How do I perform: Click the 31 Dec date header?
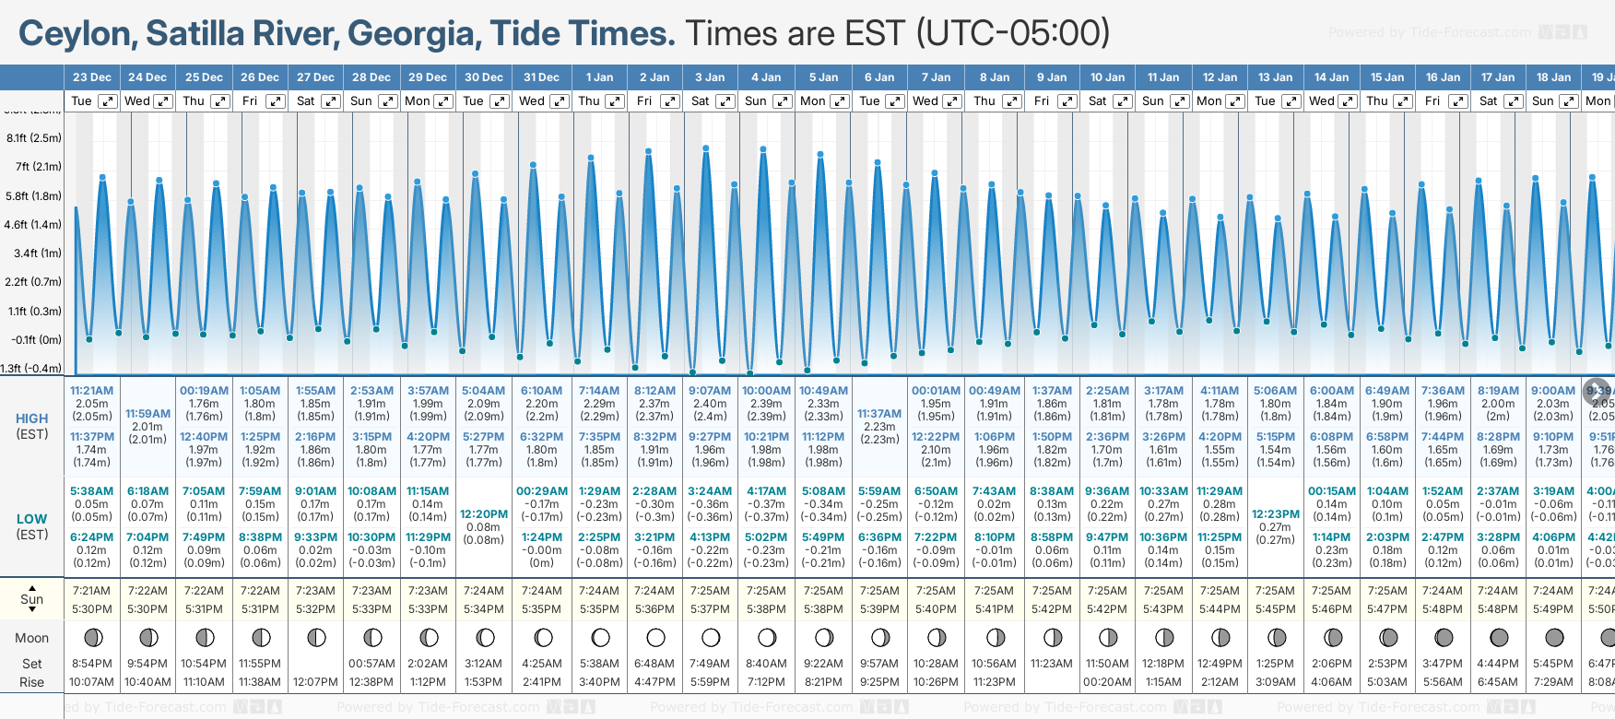coord(541,77)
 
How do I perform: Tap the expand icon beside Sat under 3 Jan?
coord(725,101)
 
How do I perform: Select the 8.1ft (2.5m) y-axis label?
coord(34,138)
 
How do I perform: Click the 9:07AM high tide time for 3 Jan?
coord(710,391)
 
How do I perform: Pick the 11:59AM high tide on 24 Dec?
coord(147,414)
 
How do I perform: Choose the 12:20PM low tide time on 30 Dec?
coord(484,514)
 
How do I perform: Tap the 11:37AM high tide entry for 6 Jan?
coord(879,414)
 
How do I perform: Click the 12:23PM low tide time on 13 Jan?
coord(1276,514)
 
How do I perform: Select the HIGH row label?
coord(32,418)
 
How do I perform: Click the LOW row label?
coord(32,519)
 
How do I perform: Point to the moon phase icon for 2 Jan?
coord(655,637)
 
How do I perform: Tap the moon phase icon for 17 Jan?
coord(1499,637)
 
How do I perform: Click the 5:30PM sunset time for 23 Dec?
coord(91,609)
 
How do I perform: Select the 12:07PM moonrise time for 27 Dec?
coord(315,682)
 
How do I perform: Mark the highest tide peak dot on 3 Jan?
coord(706,147)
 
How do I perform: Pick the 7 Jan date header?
coord(936,77)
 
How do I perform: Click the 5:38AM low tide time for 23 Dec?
coord(91,491)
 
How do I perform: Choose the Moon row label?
coord(32,638)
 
